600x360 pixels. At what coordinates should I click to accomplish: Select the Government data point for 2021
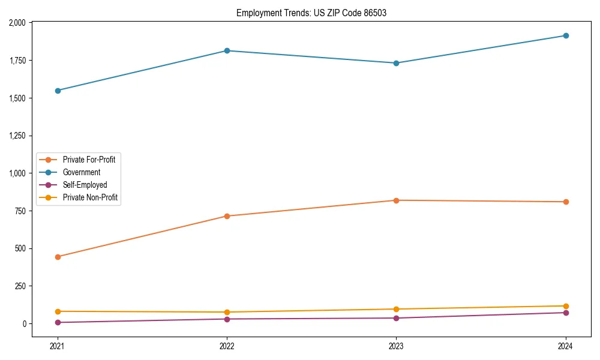point(58,91)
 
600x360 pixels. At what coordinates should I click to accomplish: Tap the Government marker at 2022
point(227,50)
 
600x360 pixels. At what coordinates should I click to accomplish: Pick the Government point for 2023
point(396,63)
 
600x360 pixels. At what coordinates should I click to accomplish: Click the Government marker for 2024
point(566,35)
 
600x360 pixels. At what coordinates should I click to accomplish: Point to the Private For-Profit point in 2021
point(58,257)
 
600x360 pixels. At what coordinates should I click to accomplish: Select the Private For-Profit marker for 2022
point(227,216)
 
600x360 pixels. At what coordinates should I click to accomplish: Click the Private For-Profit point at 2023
point(396,200)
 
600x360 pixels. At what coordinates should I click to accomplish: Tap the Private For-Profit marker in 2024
point(566,202)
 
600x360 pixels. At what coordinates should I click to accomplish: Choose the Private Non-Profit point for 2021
point(58,311)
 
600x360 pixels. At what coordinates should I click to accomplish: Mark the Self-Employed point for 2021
point(58,322)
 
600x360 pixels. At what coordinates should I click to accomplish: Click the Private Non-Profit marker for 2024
point(566,306)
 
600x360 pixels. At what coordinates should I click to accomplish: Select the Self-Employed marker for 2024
point(566,313)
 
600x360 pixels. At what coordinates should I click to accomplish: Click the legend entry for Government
point(82,172)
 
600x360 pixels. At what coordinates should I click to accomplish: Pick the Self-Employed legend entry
point(85,185)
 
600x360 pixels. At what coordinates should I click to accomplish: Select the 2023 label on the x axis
point(396,346)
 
